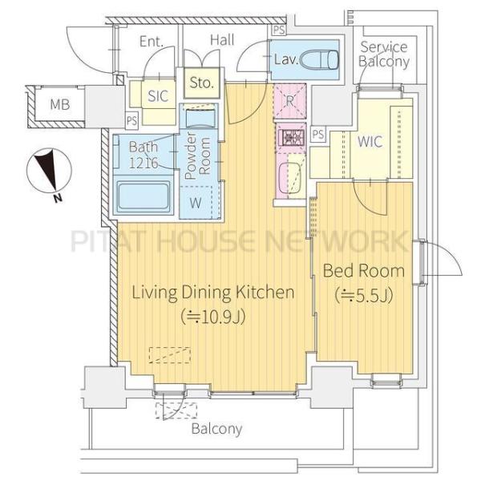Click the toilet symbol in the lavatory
[319, 59]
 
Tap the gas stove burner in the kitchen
[290, 138]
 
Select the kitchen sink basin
[290, 178]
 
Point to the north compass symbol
[48, 172]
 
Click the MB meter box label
[60, 104]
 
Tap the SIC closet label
[158, 96]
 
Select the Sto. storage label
[201, 83]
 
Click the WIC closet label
[370, 141]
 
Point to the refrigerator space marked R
[289, 101]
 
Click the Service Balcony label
[384, 55]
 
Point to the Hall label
[222, 40]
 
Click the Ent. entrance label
[151, 42]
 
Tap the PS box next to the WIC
[318, 134]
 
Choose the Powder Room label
[198, 156]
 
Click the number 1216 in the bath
[143, 163]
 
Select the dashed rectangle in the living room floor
[170, 355]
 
